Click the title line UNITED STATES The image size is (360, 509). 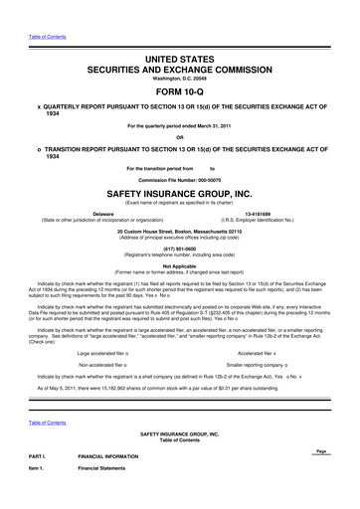(x=179, y=34)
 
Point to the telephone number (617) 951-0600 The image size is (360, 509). (x=180, y=251)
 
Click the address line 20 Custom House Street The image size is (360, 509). (x=180, y=232)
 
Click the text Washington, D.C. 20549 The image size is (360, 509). (x=179, y=56)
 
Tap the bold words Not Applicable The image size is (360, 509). (x=180, y=266)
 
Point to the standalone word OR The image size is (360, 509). (x=180, y=138)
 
